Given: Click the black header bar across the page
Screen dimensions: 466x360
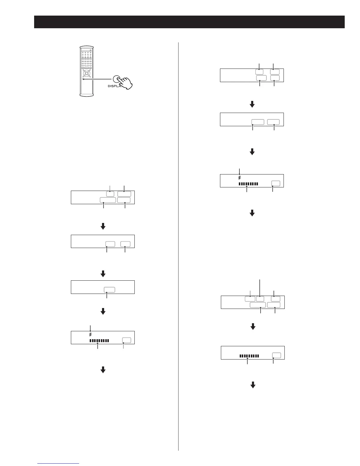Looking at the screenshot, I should tap(189, 22).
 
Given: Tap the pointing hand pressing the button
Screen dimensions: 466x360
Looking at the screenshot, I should tap(125, 83).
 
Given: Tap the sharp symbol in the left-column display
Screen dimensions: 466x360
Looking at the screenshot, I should tap(90, 334).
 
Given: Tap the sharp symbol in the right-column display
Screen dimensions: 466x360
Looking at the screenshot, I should tap(239, 178).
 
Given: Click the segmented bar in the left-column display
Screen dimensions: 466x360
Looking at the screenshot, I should tap(99, 341).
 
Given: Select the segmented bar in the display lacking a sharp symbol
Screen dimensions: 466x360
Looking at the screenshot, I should tap(249, 356).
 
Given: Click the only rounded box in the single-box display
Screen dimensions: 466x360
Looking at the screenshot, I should tap(109, 289).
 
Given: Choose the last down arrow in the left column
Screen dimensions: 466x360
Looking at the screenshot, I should tap(103, 370).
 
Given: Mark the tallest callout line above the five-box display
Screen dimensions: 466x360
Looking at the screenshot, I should tap(260, 287).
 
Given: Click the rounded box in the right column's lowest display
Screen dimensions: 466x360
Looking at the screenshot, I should tap(276, 355).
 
